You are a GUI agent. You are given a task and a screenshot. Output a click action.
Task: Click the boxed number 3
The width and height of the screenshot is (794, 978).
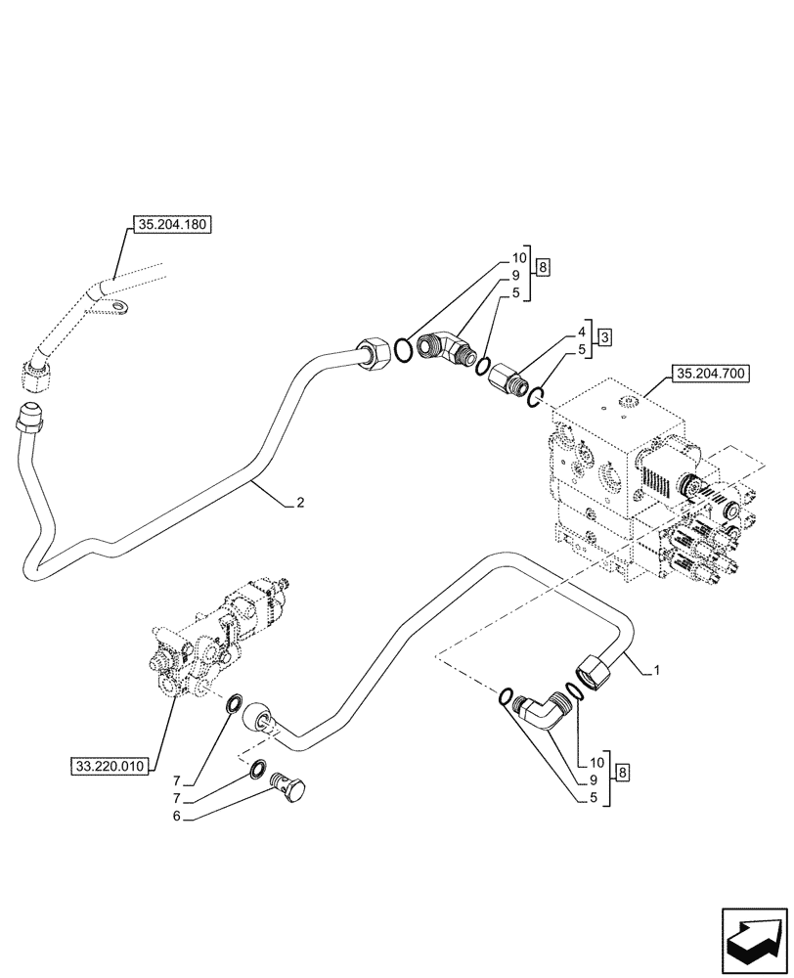(x=605, y=336)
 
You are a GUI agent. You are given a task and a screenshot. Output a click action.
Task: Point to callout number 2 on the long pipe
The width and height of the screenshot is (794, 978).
(x=300, y=504)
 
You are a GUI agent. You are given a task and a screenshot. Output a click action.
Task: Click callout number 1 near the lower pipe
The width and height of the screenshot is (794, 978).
(x=658, y=670)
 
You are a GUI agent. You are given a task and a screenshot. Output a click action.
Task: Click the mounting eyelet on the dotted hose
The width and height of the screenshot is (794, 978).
(x=121, y=310)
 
